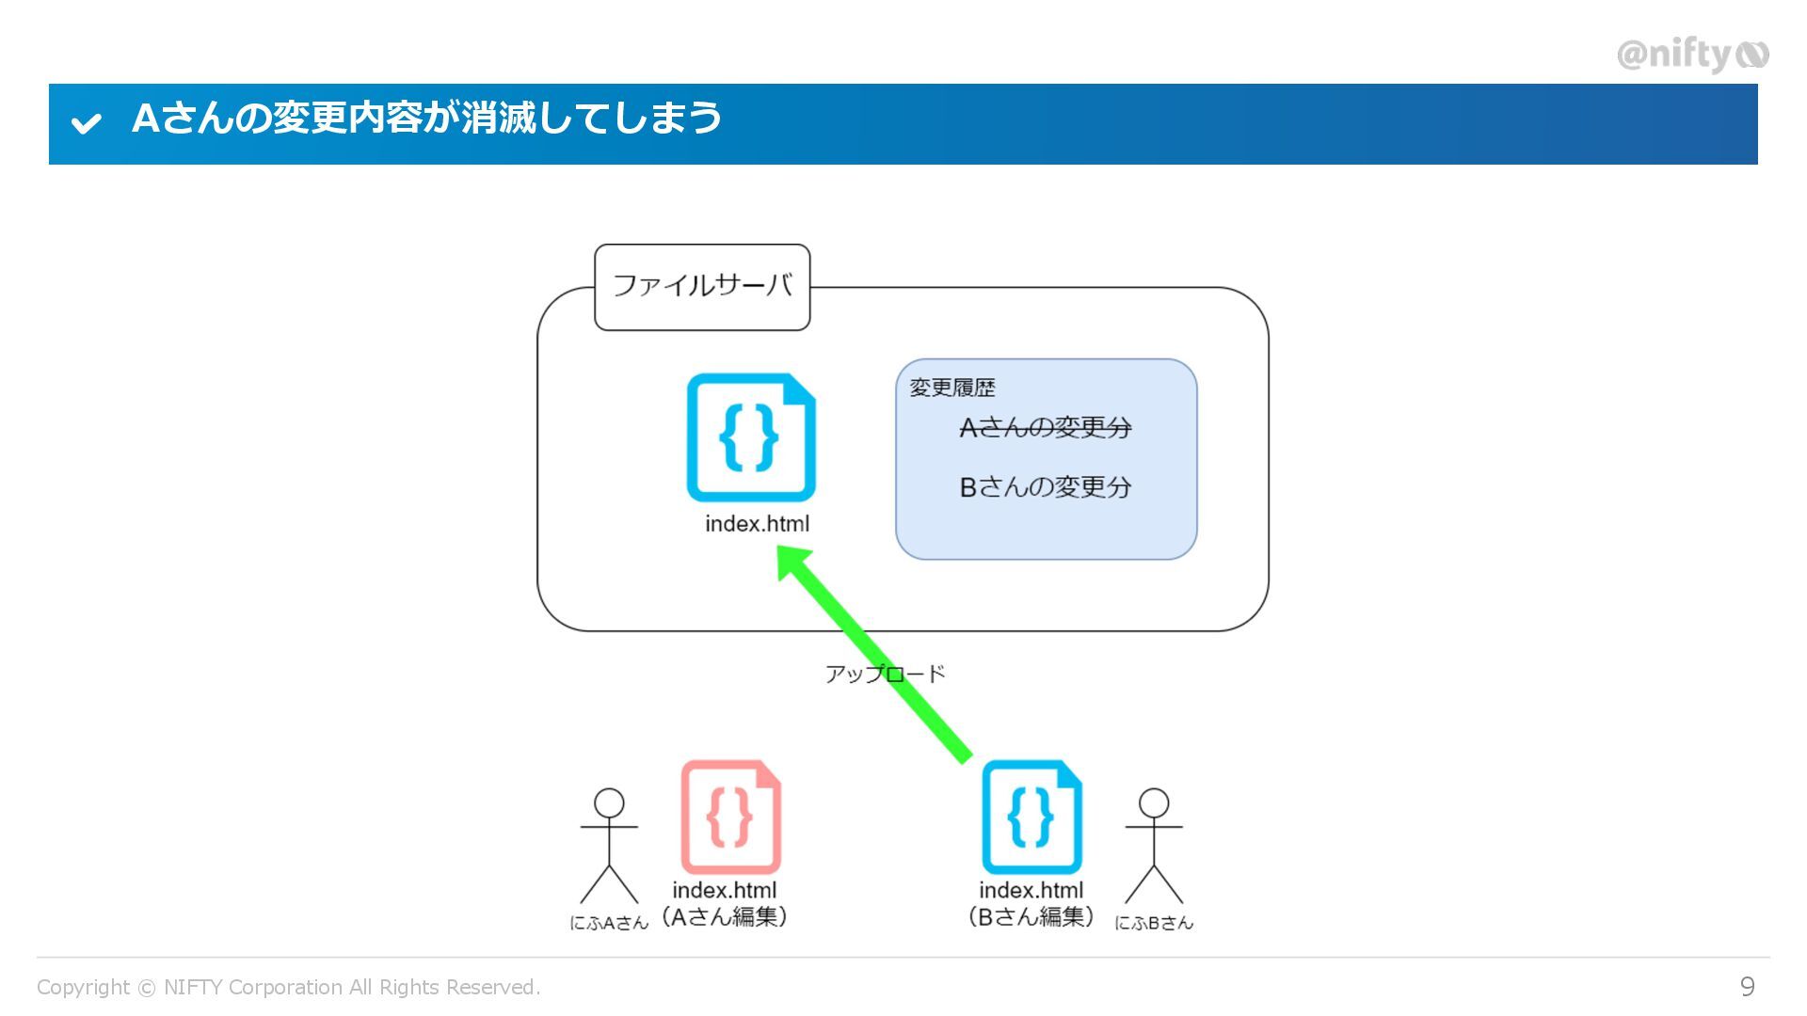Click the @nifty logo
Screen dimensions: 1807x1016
(x=1692, y=56)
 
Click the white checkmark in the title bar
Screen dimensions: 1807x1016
(x=86, y=122)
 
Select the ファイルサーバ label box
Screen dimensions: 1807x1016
(x=702, y=286)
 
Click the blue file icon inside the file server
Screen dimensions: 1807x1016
(x=751, y=437)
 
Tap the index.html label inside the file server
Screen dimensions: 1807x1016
(x=757, y=524)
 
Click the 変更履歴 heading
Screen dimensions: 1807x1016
(x=951, y=388)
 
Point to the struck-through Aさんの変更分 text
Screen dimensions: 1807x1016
(x=1045, y=428)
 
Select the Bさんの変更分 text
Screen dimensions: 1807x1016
(x=1045, y=487)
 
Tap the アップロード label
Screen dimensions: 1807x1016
(x=885, y=674)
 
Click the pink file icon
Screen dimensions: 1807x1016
(x=731, y=817)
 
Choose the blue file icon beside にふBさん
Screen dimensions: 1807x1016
(x=1031, y=817)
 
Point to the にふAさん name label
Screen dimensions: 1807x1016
(x=609, y=923)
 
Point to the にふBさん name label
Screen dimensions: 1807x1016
(x=1154, y=923)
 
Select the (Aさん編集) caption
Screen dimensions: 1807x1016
(x=725, y=916)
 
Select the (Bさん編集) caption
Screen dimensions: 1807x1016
(x=1031, y=916)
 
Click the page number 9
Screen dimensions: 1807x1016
(x=1747, y=986)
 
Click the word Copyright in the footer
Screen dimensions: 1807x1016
(x=83, y=987)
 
